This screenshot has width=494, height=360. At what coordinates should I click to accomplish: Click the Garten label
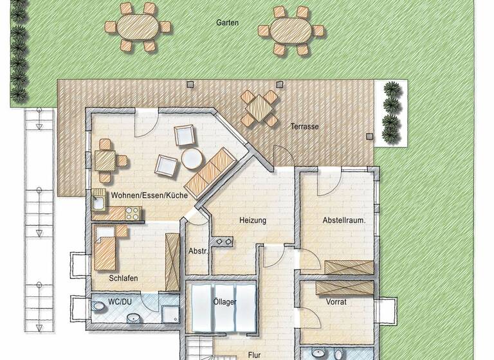(x=228, y=23)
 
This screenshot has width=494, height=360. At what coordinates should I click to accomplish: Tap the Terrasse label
(x=304, y=127)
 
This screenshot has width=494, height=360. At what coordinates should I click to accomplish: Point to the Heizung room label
(x=253, y=220)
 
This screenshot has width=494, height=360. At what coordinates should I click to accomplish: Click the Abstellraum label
(x=344, y=220)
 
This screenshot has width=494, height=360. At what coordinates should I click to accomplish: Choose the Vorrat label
(x=336, y=301)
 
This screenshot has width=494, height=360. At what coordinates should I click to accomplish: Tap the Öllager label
(x=225, y=301)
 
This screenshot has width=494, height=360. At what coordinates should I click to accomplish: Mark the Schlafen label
(x=123, y=278)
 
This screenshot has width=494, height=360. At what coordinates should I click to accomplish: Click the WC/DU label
(x=119, y=300)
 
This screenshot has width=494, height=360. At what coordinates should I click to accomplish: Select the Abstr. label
(x=197, y=251)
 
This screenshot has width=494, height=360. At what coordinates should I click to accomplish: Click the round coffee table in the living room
(x=191, y=157)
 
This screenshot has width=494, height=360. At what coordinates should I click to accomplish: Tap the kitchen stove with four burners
(x=132, y=210)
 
